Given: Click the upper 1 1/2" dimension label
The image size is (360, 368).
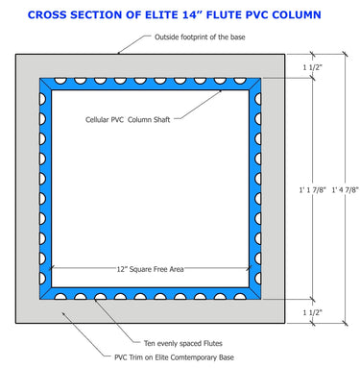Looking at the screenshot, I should point(313,67).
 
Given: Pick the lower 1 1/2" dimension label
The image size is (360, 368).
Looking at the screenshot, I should point(313,312).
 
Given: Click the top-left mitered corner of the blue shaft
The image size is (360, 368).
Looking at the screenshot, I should point(44,84).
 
